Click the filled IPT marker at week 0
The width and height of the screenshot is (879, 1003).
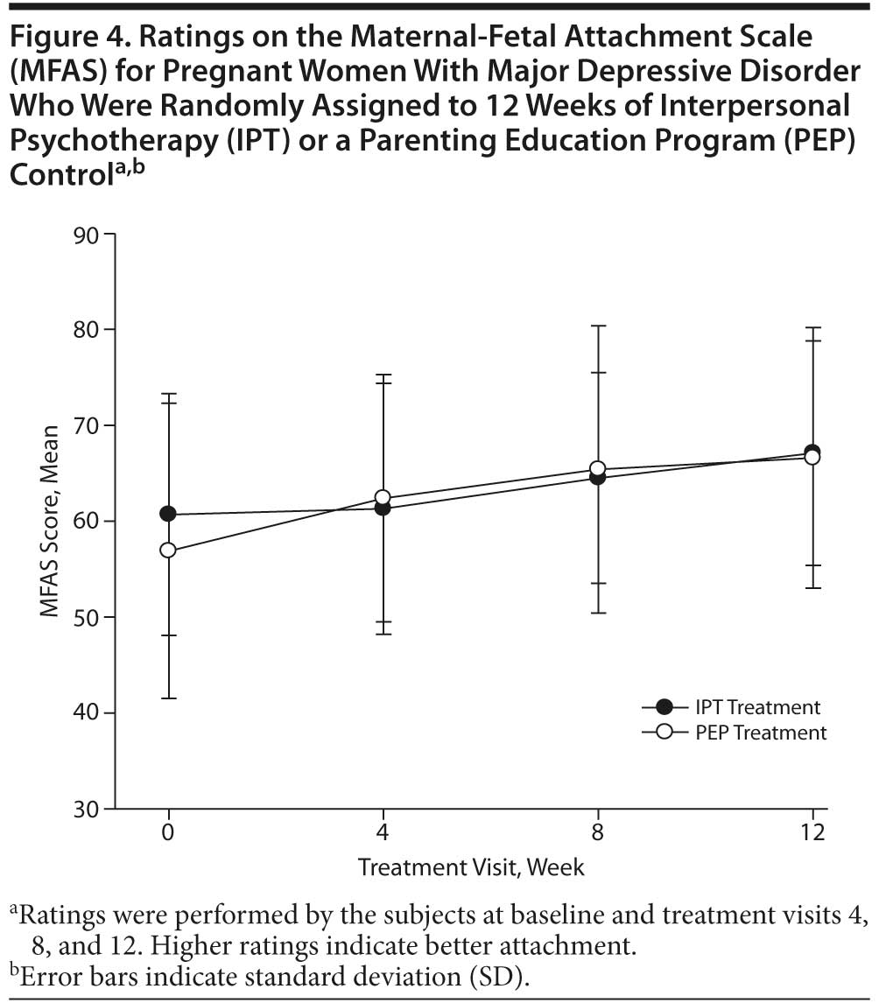point(167,514)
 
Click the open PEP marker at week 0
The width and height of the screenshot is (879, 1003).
point(167,551)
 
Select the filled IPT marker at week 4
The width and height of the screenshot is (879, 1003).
point(383,508)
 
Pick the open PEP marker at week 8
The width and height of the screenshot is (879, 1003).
point(598,469)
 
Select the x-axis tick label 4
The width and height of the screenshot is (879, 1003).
point(383,832)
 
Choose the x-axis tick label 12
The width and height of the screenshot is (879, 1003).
point(812,832)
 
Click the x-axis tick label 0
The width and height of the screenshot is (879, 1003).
point(167,832)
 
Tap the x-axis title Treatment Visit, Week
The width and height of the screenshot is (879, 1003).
point(471,867)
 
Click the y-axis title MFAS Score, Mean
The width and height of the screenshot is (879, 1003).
point(51,522)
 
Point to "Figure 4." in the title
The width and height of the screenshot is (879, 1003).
point(62,38)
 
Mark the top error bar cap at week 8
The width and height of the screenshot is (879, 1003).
point(598,326)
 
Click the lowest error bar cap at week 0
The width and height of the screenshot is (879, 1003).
point(167,698)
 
